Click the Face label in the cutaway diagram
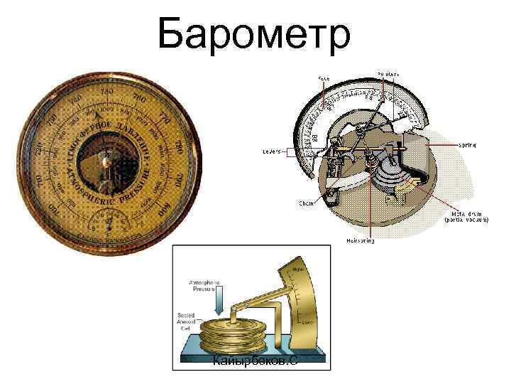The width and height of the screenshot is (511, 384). tap(324, 78)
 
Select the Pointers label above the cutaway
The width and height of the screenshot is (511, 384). tap(388, 73)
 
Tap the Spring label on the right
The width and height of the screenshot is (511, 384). tap(467, 144)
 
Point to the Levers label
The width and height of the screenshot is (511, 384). tap(271, 151)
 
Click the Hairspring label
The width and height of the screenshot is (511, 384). tap(361, 241)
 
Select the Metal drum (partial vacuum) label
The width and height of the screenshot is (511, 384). tap(466, 216)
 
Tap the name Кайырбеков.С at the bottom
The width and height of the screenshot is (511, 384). tap(255, 362)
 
